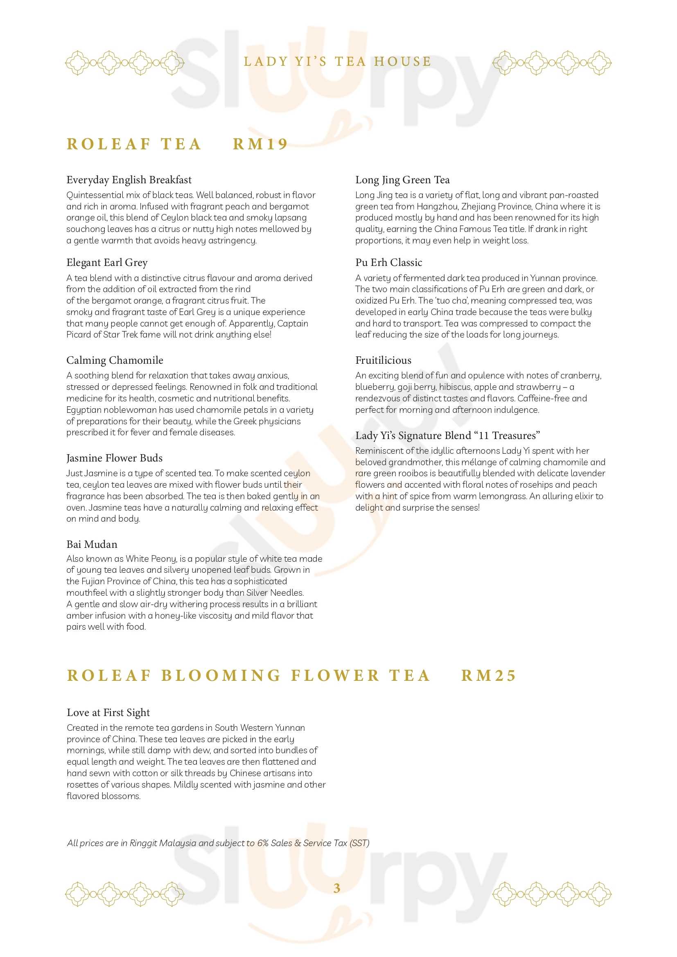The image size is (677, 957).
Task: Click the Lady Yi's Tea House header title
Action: [x=338, y=62]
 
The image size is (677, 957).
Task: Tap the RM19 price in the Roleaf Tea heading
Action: [x=260, y=144]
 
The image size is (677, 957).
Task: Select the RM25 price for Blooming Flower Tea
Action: [x=489, y=676]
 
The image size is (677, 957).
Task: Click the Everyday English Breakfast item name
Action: [x=129, y=180]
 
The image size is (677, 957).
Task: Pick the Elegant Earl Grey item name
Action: [x=107, y=263]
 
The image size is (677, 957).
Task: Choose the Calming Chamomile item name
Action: [x=115, y=360]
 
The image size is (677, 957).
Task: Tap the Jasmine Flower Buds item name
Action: [x=114, y=458]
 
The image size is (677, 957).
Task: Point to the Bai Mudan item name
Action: [x=92, y=544]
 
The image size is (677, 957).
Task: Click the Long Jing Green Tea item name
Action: [x=402, y=180]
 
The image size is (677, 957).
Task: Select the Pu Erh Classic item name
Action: [x=388, y=263]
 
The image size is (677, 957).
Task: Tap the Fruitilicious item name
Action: [x=383, y=360]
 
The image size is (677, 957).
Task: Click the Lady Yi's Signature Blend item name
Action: [x=447, y=436]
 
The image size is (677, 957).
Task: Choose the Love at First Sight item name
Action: [x=108, y=712]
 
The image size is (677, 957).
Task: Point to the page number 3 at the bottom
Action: [x=337, y=888]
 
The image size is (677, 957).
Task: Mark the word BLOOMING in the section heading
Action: [x=221, y=676]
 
